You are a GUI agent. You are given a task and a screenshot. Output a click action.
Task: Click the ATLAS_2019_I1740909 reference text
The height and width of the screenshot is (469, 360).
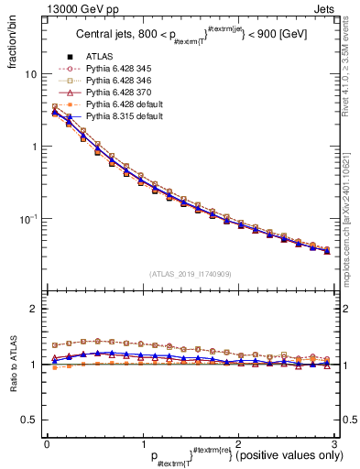click(x=189, y=273)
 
